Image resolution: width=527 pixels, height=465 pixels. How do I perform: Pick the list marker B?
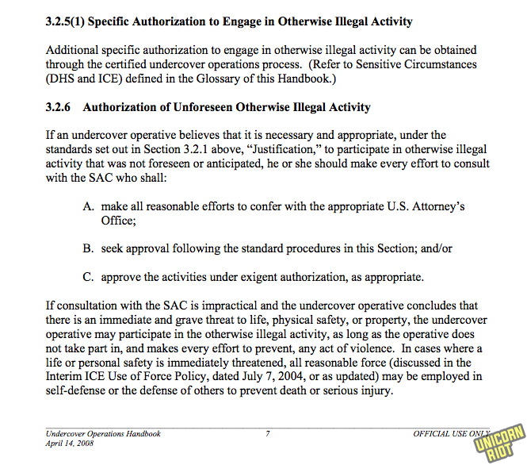[x=88, y=248]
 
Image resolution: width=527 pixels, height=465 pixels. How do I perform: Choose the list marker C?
[x=88, y=277]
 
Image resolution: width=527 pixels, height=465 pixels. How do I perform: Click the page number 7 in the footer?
[x=268, y=434]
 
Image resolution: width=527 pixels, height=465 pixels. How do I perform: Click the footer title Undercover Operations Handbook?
[x=103, y=434]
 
